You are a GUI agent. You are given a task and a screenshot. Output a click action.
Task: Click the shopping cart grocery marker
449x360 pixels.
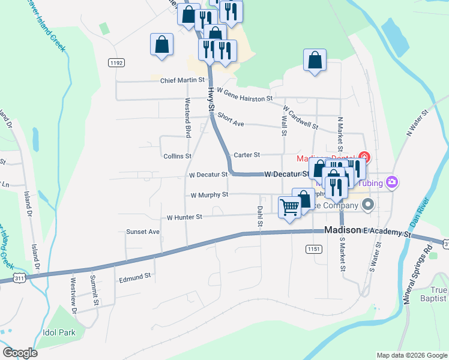pos(290,208)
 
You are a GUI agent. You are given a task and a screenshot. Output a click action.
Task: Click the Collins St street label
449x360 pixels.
pos(177,156)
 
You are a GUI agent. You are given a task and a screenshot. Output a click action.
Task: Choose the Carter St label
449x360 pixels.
pos(246,155)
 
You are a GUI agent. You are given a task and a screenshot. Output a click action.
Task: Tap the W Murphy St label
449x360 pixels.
pos(209,195)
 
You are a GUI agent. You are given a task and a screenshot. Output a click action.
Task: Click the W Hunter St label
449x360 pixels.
pos(185,217)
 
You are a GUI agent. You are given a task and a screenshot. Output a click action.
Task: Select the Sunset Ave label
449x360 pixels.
pos(143,232)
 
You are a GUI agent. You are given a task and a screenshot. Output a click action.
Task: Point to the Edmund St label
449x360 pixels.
pos(134,278)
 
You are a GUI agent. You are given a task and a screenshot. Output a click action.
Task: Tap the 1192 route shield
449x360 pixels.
pos(116,62)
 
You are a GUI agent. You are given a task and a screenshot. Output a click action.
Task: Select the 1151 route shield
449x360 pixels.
pos(313,248)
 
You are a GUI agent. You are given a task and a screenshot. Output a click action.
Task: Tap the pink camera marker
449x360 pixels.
pos(393,182)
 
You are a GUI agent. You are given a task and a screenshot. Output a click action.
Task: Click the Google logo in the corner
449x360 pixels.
pos(20,353)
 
